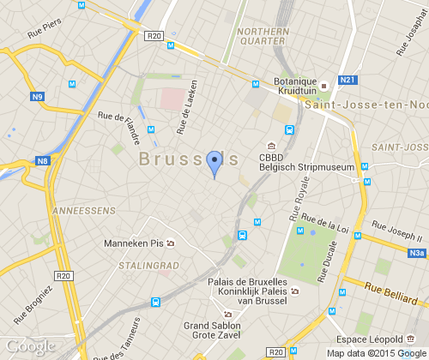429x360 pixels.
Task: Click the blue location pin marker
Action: (214, 161)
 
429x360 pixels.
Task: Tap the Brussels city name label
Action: (188, 159)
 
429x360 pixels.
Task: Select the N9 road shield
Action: (38, 97)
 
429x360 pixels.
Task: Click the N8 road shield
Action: (42, 160)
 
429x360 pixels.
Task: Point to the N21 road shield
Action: (347, 80)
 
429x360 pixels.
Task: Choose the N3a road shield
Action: (417, 253)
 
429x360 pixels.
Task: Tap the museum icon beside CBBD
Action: (271, 145)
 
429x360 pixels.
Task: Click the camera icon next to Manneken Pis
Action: (170, 243)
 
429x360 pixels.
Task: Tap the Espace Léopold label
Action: (375, 339)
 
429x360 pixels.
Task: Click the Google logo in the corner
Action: (29, 346)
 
